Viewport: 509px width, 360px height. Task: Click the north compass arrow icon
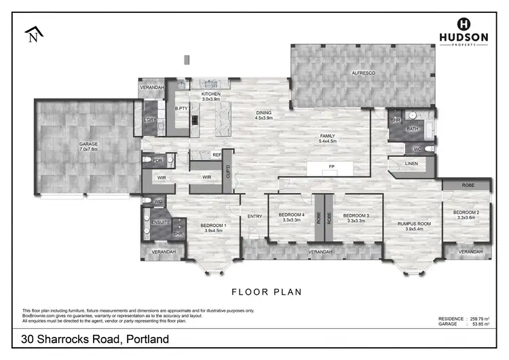(33, 34)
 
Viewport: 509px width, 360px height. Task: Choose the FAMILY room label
(328, 138)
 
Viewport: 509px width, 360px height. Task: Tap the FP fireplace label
(332, 166)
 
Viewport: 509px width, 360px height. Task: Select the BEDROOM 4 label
(292, 217)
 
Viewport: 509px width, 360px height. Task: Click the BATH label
(413, 128)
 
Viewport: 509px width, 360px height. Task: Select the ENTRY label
(254, 217)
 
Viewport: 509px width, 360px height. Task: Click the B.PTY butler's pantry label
(181, 109)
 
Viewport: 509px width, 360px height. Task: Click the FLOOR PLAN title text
(267, 292)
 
